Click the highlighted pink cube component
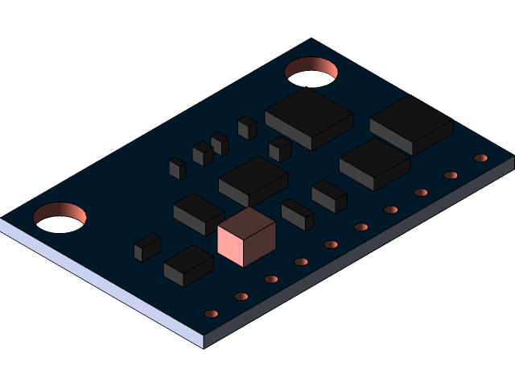click(x=246, y=236)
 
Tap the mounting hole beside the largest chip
click(x=311, y=72)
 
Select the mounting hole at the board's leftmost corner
click(x=60, y=217)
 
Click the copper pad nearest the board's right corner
click(x=480, y=158)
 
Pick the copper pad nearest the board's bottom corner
click(x=212, y=314)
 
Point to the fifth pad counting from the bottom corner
click(x=331, y=244)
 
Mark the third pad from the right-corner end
click(x=421, y=193)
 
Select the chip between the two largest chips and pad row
click(x=374, y=163)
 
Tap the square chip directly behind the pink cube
click(x=253, y=180)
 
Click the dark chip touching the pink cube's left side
click(x=198, y=213)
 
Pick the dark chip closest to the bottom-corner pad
click(x=188, y=265)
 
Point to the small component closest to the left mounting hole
click(x=147, y=247)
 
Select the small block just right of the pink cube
click(x=298, y=214)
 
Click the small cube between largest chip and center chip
click(x=280, y=148)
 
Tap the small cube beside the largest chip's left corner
click(x=247, y=127)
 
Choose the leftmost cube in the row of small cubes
click(x=177, y=168)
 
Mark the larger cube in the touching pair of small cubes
click(x=203, y=152)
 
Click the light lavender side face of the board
click(x=105, y=282)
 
